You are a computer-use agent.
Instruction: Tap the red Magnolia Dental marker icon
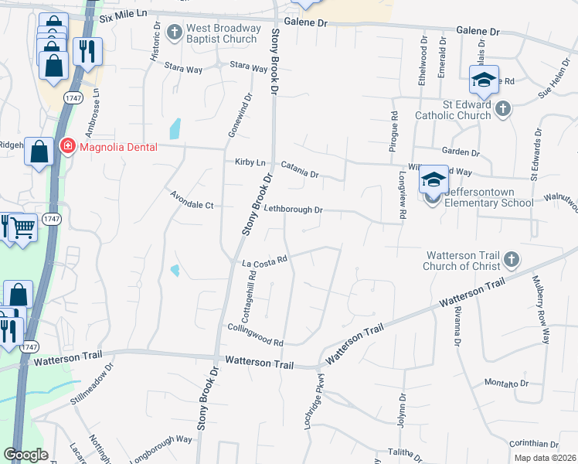point(68,146)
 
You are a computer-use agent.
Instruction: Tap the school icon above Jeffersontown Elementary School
point(433,181)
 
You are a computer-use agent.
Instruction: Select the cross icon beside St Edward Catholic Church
point(502,108)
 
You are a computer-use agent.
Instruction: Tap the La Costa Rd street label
point(265,263)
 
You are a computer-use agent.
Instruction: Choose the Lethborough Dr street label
point(293,210)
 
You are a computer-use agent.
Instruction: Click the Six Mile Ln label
point(124,16)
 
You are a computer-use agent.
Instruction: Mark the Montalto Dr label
point(506,384)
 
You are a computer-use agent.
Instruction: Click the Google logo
point(25,455)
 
